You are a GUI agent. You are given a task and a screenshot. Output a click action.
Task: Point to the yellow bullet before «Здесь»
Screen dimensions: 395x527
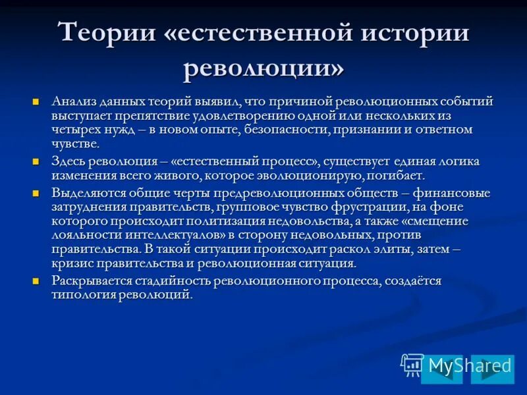[x=37, y=161]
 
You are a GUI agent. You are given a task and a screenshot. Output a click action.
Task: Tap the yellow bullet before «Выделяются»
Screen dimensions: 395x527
[x=37, y=193]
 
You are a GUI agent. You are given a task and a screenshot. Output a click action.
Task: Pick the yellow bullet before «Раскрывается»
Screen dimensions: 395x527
[x=37, y=280]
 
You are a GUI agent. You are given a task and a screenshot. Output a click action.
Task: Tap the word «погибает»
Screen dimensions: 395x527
[x=395, y=176]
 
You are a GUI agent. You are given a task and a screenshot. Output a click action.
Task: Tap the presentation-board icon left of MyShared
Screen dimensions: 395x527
[x=412, y=364]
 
